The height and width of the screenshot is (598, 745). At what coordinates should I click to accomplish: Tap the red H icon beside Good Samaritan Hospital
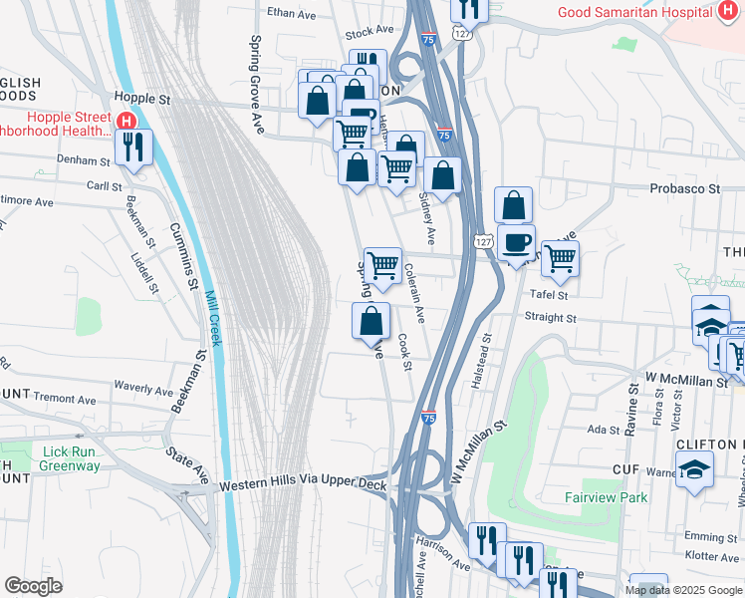point(727,11)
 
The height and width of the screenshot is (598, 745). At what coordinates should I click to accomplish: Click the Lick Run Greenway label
point(57,458)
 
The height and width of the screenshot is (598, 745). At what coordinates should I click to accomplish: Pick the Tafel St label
point(548,295)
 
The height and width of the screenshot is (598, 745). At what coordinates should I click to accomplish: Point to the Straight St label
point(550,318)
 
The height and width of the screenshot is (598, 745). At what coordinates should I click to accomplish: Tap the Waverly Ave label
point(144,387)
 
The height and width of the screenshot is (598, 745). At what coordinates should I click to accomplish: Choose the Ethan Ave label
point(290,14)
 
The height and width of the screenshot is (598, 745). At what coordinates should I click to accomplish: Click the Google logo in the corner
point(33,585)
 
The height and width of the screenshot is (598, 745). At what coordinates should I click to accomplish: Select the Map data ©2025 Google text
point(682,590)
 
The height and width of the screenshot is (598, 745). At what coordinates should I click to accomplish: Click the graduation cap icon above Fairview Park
point(693,467)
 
